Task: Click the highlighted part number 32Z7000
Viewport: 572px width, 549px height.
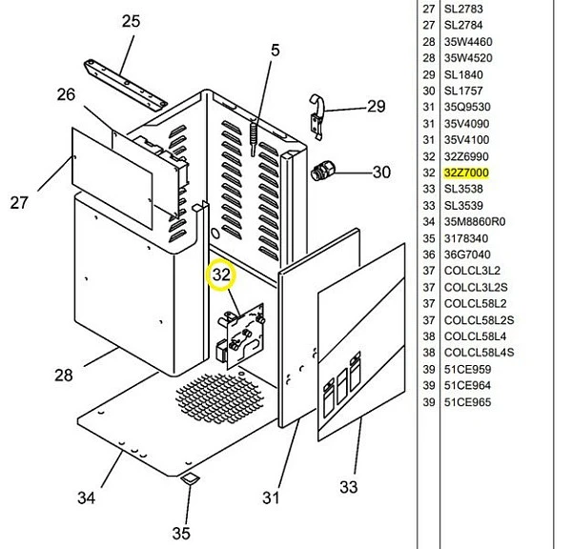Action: tap(466, 173)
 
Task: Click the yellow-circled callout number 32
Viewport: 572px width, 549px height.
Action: tap(221, 274)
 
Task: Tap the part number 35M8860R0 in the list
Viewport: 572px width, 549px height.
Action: tap(475, 221)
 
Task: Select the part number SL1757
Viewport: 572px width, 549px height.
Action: tap(463, 91)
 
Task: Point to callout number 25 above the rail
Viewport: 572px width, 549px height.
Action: tap(131, 21)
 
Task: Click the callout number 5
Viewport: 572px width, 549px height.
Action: tap(276, 51)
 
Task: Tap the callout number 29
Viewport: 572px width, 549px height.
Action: tap(377, 106)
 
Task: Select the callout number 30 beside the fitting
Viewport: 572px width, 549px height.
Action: tap(381, 172)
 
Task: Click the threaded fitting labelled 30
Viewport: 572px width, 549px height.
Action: tap(322, 171)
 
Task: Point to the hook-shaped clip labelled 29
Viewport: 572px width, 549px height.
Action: tap(317, 116)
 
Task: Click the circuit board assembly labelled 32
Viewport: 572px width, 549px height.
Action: tap(241, 335)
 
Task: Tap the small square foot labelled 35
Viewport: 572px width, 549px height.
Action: tap(190, 479)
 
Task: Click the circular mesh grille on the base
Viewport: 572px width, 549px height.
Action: tap(218, 396)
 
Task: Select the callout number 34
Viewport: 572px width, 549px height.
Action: tap(87, 498)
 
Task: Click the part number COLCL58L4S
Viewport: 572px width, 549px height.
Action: tap(479, 353)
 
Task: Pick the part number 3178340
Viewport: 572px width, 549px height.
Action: tap(466, 238)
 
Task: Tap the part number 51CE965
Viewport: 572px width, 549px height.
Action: tap(467, 402)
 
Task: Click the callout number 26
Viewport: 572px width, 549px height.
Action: tap(66, 94)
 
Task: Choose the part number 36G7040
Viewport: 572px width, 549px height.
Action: tap(467, 254)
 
